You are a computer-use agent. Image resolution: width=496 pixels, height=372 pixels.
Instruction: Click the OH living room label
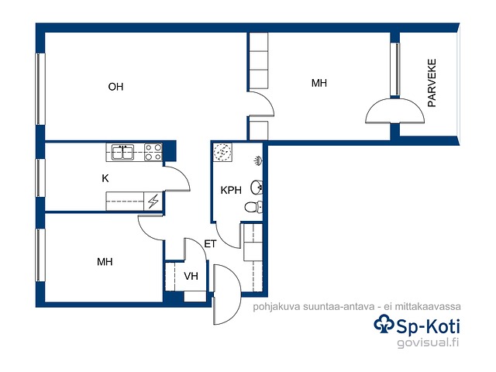pos(115,87)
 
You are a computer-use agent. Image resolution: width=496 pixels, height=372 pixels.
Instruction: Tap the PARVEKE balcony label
pos(432,83)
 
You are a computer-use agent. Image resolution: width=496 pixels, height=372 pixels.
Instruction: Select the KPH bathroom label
pos(231,190)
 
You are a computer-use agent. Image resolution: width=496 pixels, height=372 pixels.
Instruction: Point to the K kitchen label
pos(105,178)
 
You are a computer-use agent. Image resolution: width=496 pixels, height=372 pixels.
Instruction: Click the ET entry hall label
pos(210,244)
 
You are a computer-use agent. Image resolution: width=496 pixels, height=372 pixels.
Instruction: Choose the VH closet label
pos(191,276)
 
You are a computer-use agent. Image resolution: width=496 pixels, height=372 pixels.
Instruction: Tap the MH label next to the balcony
pos(319,83)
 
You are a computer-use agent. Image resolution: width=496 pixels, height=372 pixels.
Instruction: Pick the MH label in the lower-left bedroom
pos(105,262)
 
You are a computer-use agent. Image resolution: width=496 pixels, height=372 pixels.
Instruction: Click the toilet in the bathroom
pos(253,207)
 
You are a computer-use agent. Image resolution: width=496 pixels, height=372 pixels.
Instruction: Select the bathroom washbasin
pos(257,188)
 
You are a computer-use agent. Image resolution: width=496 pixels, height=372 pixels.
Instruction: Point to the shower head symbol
pos(258,160)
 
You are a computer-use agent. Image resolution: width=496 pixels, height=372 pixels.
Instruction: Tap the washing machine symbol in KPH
pos(222,152)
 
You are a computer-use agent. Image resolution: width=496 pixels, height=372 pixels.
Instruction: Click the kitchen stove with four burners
pos(153,152)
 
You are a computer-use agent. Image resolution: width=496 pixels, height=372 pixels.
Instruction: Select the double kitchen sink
pos(122,152)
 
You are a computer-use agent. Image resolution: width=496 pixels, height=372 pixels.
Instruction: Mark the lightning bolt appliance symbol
pos(153,201)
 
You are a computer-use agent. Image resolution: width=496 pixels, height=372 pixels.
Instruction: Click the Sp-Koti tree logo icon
pos(384,324)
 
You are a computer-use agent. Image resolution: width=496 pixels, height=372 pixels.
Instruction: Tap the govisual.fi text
pos(428,343)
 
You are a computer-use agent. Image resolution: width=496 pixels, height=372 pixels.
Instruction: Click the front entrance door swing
pos(227,294)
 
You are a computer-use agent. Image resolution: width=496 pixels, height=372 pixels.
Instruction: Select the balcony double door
pos(394,111)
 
